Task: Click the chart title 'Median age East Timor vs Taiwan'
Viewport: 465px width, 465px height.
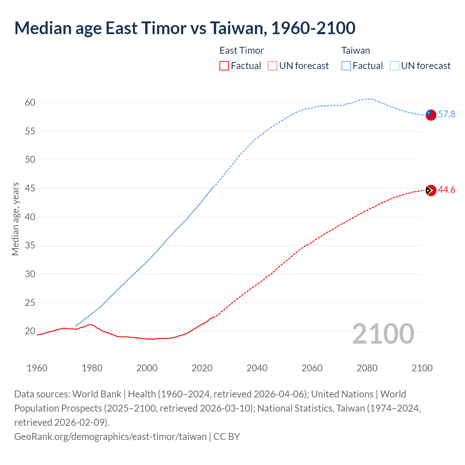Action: click(x=185, y=28)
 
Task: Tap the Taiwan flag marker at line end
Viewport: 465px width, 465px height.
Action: click(x=430, y=114)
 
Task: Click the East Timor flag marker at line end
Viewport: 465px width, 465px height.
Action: click(x=430, y=190)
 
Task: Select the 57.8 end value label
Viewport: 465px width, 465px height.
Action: click(x=446, y=114)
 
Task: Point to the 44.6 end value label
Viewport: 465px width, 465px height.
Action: click(x=446, y=190)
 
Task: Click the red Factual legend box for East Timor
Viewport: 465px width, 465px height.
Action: click(x=224, y=66)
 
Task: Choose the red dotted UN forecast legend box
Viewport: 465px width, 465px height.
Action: click(x=272, y=66)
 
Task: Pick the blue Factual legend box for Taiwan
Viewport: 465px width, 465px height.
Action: click(x=346, y=66)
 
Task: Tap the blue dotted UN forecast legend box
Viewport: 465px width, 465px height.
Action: click(x=395, y=66)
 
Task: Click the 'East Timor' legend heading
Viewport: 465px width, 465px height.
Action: click(x=242, y=50)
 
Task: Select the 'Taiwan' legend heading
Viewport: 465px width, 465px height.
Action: click(x=355, y=50)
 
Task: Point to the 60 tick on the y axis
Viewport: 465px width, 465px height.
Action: click(x=30, y=103)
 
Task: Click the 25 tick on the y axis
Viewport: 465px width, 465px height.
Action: click(x=30, y=303)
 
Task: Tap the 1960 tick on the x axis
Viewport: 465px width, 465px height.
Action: click(x=37, y=368)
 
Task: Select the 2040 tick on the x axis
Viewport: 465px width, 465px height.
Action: click(x=257, y=368)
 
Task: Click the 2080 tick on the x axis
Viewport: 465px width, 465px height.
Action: click(x=367, y=368)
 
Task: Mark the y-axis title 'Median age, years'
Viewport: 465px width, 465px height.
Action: click(x=15, y=219)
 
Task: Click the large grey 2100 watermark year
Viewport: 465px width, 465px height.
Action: click(x=383, y=334)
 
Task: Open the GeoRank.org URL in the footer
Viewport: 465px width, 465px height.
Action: click(x=110, y=436)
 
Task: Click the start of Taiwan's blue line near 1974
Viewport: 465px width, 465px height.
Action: click(x=76, y=326)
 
